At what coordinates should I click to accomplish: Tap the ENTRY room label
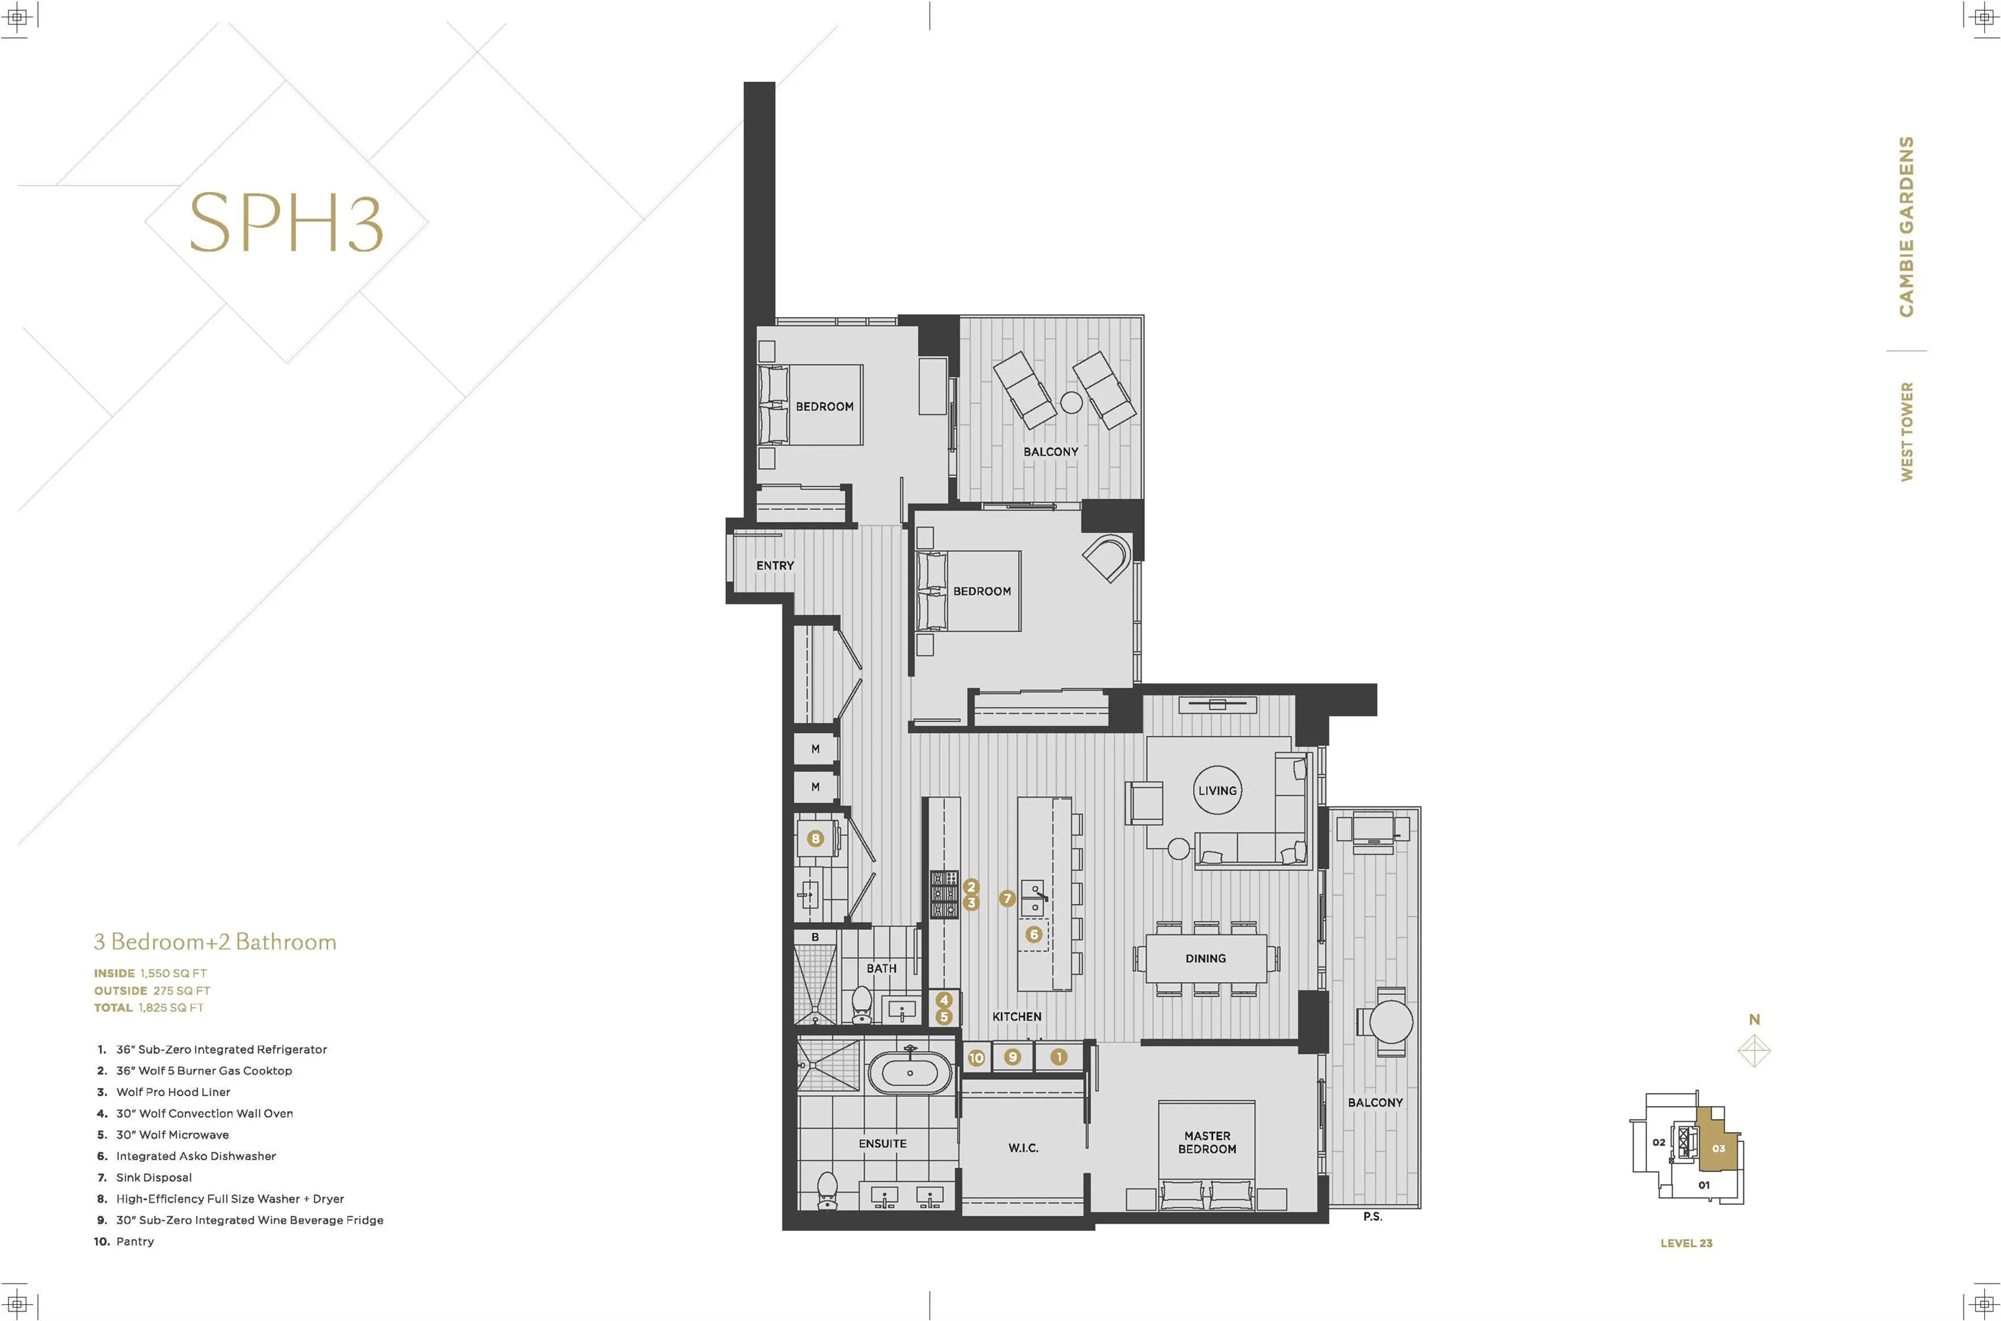774,565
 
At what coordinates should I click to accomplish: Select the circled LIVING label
1217,790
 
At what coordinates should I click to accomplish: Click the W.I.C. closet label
1023,1149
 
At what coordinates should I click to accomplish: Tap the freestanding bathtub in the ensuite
909,1073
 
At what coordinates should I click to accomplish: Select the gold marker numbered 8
814,838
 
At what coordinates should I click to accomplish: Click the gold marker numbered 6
1034,934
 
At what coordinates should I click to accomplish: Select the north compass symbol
1754,1051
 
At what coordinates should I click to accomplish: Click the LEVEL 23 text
1686,1243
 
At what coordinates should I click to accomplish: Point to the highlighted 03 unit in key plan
1718,1149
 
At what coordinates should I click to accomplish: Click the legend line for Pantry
125,1242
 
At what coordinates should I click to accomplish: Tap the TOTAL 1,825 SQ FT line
149,1008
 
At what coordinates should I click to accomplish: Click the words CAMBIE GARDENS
1906,226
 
